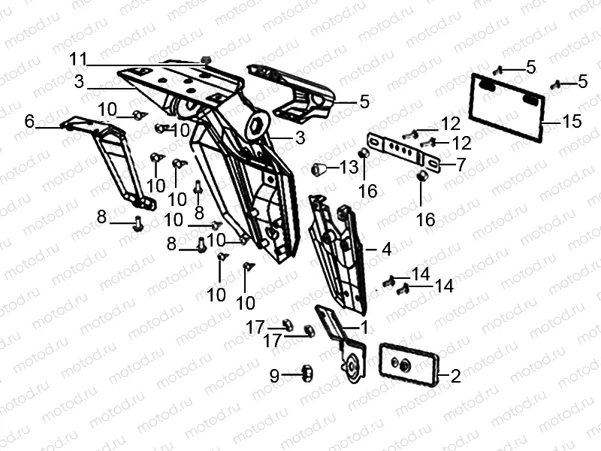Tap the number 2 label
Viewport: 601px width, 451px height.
pos(455,377)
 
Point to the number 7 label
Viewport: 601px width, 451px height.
pos(461,165)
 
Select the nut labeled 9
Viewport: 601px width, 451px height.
pos(307,371)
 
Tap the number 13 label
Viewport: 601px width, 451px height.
pos(349,167)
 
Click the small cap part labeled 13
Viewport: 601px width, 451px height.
pos(319,168)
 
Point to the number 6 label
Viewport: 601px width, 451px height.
pos(29,121)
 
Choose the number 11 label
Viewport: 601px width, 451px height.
pos(78,59)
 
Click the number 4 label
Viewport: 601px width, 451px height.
pos(385,248)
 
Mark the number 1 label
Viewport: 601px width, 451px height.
pos(364,327)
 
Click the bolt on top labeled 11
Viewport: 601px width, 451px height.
pos(207,59)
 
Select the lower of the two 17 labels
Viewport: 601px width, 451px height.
pos(272,341)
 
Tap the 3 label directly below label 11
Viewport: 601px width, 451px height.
pos(78,80)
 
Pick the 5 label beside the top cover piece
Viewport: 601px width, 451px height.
pos(364,100)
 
